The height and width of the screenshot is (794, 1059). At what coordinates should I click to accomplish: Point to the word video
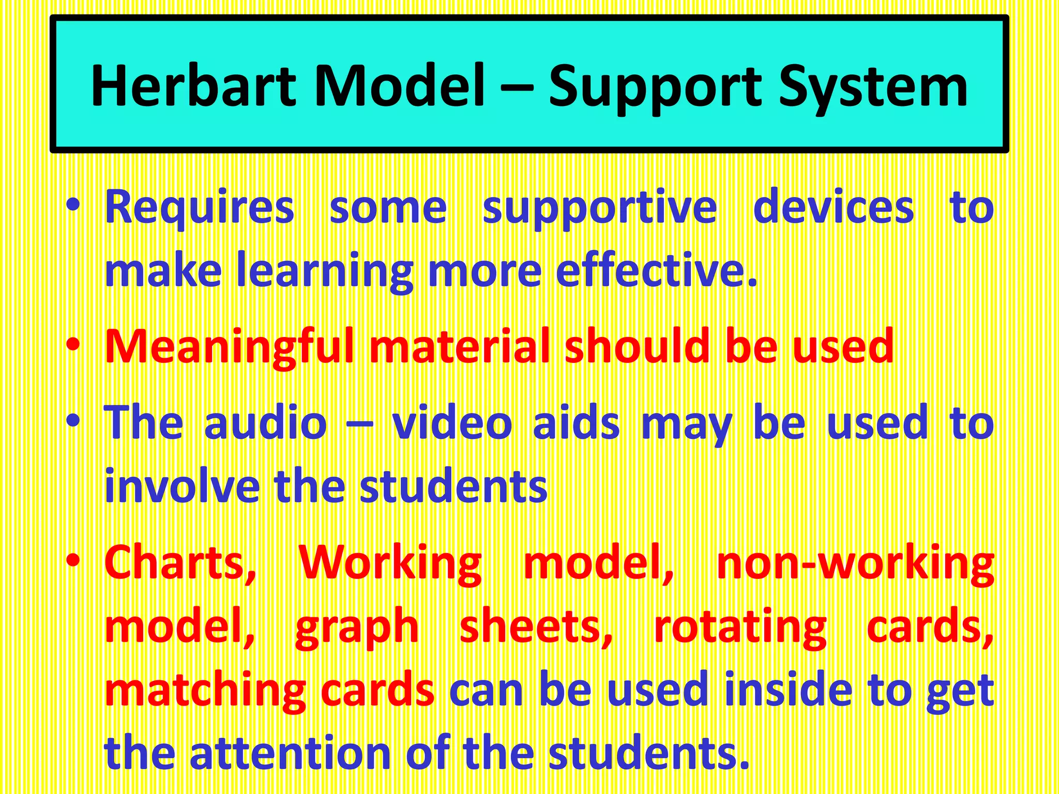(x=452, y=423)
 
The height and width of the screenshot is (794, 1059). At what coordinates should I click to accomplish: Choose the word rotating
(x=740, y=628)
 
